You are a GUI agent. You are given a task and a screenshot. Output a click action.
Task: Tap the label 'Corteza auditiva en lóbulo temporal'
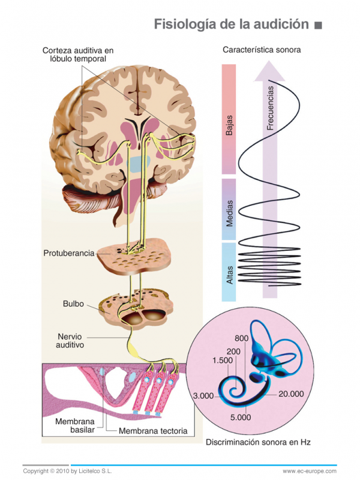tap(78, 55)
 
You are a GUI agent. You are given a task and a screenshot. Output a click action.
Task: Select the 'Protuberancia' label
tap(69, 253)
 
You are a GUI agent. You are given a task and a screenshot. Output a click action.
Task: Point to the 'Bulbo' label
tap(73, 304)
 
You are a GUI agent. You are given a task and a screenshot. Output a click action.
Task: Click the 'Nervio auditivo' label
tap(70, 341)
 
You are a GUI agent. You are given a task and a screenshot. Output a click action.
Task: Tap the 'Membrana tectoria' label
tap(153, 431)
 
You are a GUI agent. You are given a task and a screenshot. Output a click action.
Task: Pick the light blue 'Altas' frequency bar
tap(229, 271)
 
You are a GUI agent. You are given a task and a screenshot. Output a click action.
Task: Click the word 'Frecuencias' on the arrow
tap(271, 108)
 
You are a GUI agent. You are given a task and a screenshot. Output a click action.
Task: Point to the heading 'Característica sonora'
tap(262, 50)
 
